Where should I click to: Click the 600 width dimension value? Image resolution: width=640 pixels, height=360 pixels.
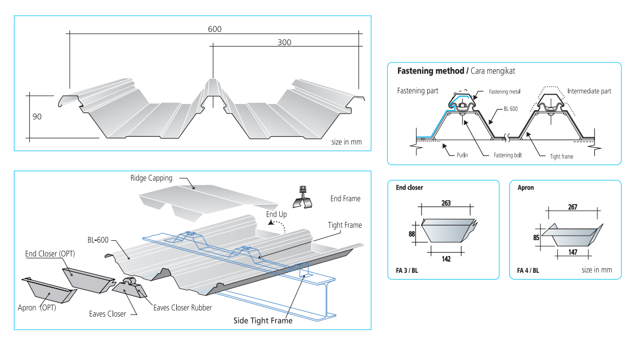click(214, 29)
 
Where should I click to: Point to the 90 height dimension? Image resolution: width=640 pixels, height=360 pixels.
click(38, 116)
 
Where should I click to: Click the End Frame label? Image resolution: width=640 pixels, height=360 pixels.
click(345, 199)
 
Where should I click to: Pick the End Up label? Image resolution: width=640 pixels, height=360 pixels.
click(276, 214)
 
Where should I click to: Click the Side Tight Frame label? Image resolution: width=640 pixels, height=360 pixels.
click(263, 321)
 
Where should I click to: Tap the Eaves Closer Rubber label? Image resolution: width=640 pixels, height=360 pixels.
click(182, 308)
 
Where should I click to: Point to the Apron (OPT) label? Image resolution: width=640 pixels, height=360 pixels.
click(37, 308)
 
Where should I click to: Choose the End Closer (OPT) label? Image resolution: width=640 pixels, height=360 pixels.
click(50, 254)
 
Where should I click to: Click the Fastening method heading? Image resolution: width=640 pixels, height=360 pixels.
click(431, 71)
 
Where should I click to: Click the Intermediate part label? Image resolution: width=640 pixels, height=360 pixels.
click(589, 91)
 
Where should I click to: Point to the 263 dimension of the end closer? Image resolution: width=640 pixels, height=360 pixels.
click(446, 203)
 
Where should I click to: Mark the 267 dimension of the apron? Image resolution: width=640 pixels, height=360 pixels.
click(572, 207)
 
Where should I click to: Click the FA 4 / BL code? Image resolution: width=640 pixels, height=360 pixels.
click(527, 271)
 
